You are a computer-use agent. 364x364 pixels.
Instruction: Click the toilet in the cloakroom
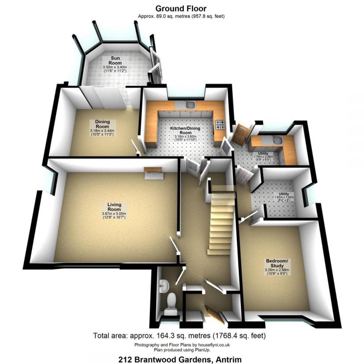[171, 301]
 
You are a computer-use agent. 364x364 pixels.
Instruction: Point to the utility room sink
[277, 140]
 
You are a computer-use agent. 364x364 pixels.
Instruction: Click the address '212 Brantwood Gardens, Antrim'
[180, 358]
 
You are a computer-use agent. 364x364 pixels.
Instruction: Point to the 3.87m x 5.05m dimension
[114, 214]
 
